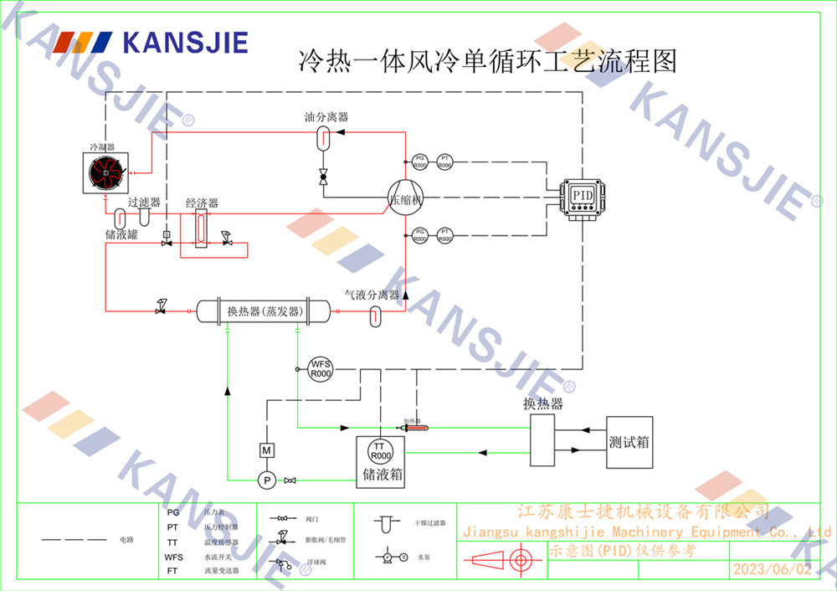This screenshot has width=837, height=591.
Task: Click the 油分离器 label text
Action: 326,118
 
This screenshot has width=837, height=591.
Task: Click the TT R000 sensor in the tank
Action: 381,452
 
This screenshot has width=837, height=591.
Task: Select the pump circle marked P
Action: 267,481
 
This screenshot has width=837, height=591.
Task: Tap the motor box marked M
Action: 267,450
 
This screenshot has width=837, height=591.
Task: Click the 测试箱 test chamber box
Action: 629,441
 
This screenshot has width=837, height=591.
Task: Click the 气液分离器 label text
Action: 372,295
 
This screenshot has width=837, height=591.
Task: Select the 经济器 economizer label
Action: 202,203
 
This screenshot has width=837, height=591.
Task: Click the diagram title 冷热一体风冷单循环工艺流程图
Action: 487,60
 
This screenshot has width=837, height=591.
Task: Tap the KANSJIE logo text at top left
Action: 185,42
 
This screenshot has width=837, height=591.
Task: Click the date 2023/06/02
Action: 772,569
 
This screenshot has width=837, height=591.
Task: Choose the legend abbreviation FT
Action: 173,571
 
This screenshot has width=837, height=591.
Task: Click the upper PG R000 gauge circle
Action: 420,162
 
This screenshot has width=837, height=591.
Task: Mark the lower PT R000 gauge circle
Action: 446,235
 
